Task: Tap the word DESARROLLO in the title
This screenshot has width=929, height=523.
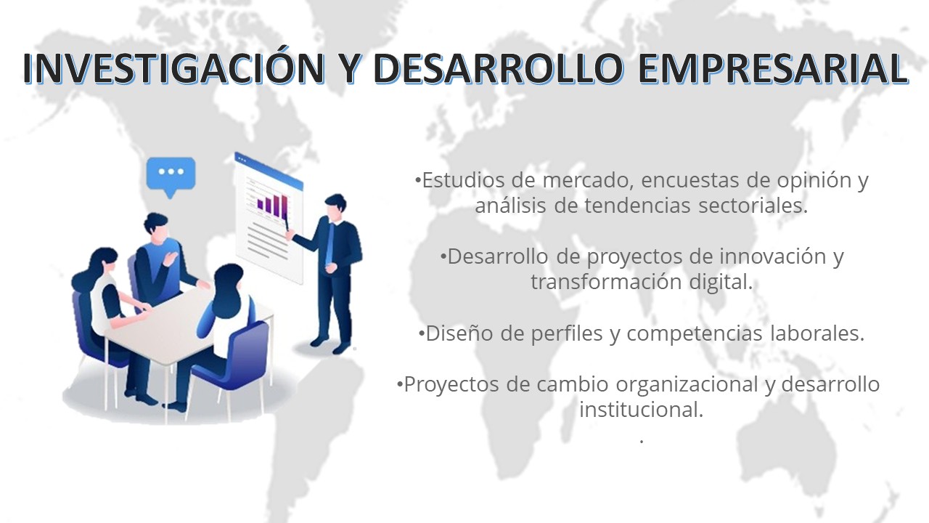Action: tap(498, 68)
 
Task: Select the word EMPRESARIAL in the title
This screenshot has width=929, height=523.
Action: tap(773, 68)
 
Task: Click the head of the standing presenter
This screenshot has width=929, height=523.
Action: tap(335, 208)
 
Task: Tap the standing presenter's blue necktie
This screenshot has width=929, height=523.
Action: tap(330, 244)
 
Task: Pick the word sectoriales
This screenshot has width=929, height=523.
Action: tap(753, 206)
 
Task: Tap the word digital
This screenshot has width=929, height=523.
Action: tap(721, 283)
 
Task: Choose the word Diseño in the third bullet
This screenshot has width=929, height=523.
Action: tap(459, 333)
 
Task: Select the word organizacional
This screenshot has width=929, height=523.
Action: tap(687, 385)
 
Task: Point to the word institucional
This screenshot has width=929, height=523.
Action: tap(641, 410)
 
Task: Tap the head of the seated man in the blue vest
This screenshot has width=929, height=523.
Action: tap(156, 229)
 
